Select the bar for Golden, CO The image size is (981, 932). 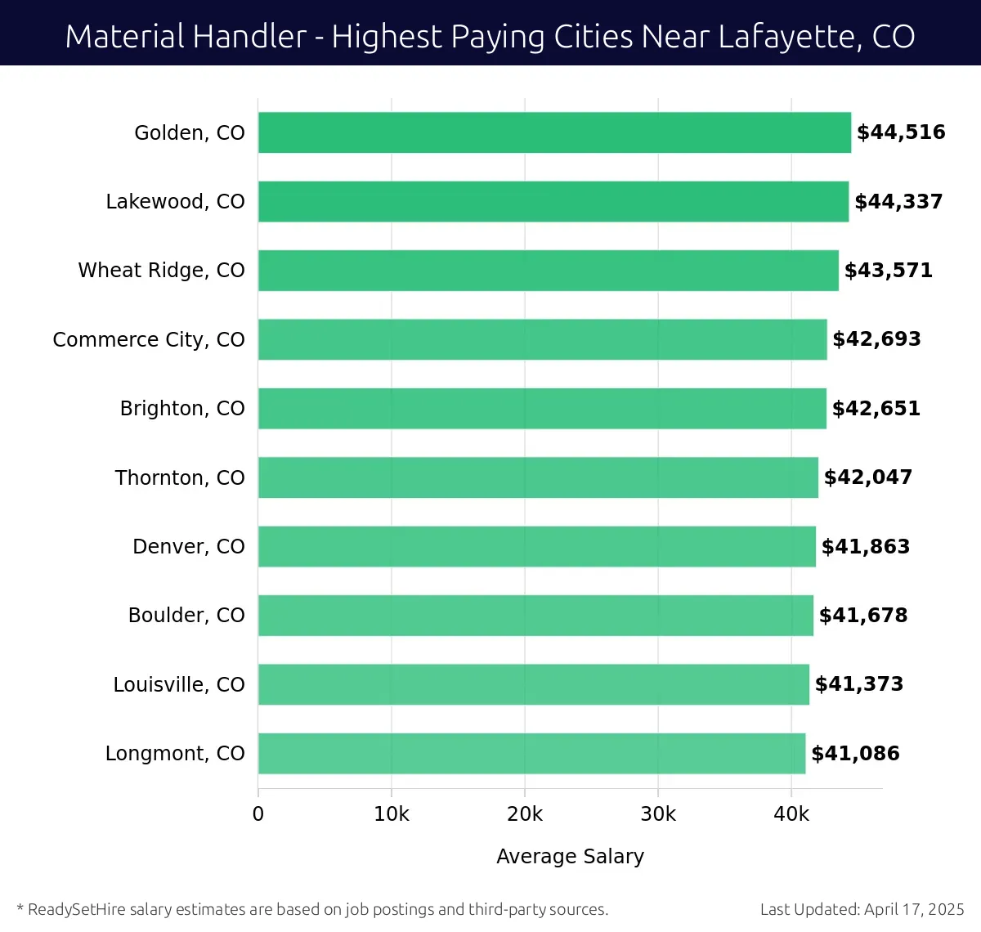point(554,132)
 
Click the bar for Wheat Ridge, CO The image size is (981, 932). point(548,271)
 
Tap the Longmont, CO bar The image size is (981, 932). point(531,754)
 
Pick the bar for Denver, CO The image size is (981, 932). point(536,546)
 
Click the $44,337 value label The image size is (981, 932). point(898,202)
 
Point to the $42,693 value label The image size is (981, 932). point(876,339)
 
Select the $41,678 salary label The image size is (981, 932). point(863,616)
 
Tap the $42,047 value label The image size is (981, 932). point(868,477)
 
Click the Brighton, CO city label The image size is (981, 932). point(182,409)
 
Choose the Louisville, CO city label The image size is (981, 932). point(179,684)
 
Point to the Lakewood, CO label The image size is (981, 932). point(175,202)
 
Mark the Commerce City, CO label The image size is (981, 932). point(149,339)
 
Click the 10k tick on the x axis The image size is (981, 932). point(392,814)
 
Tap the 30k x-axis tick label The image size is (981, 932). point(658,814)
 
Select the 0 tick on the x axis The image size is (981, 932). point(258,814)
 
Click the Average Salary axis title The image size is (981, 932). point(570,856)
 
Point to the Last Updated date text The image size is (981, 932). point(862,909)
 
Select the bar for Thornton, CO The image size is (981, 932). point(538,477)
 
